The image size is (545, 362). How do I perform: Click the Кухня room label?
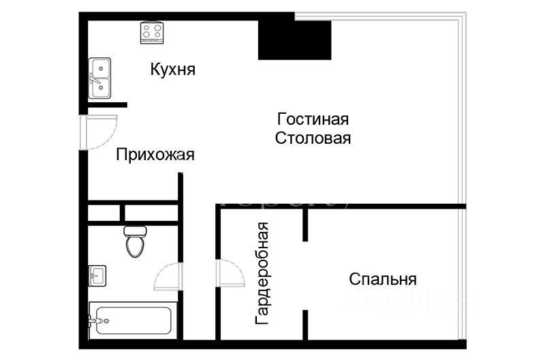[173, 70]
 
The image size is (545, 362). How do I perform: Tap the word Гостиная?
[313, 119]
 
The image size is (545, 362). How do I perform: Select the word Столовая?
[313, 139]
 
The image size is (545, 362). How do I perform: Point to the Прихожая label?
[155, 155]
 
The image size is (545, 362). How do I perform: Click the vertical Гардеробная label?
[262, 273]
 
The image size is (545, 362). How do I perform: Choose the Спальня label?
[382, 279]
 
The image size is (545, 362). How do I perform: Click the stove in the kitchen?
[151, 32]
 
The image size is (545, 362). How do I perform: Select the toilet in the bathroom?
[135, 241]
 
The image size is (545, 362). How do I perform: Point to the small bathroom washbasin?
[97, 275]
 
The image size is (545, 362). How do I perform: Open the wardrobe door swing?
[230, 275]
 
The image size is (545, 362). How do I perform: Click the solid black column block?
[294, 40]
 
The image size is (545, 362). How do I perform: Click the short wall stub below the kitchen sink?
[107, 104]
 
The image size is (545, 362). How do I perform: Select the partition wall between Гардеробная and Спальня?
[307, 273]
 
